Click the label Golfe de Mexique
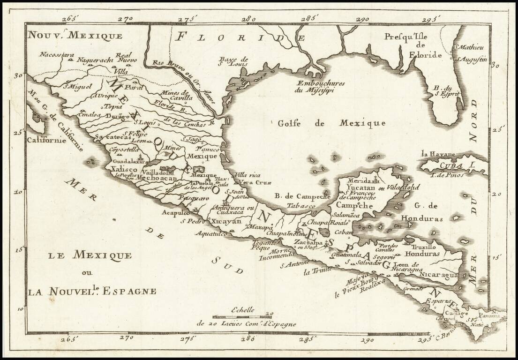point(331,123)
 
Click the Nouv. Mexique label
point(75,35)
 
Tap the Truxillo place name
point(424,247)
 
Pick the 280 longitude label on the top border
point(248,19)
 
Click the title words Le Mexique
point(90,256)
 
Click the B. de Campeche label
point(303,197)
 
